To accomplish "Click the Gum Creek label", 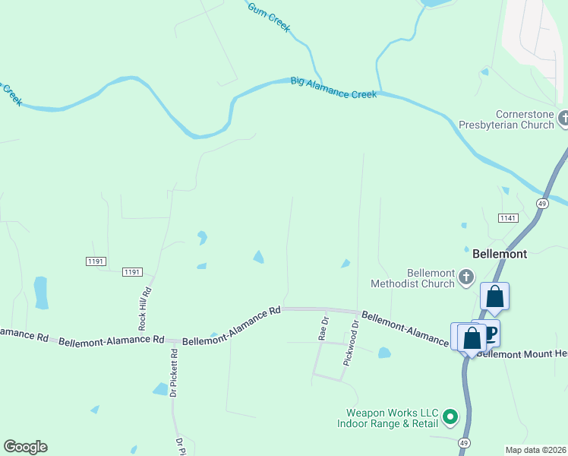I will coord(269,17).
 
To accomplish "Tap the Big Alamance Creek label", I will coord(333,87).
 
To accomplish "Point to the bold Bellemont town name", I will coord(499,254).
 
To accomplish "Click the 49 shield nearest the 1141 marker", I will coord(542,204).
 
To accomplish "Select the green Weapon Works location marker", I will coord(450,416).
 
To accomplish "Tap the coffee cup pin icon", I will coord(490,331).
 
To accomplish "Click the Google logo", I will coord(25,447).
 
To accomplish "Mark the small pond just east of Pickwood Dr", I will coord(384,353).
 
